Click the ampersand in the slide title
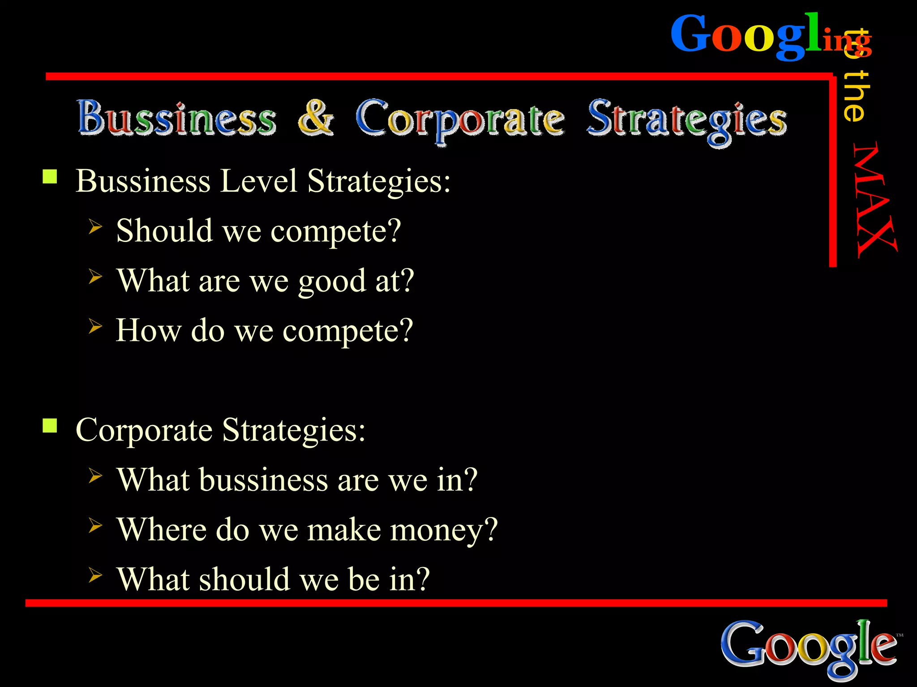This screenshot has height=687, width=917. point(316,117)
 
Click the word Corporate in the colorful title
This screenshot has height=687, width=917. point(459,119)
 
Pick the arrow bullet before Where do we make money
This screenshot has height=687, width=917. point(95,525)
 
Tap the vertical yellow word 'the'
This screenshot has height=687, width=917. point(856,96)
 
